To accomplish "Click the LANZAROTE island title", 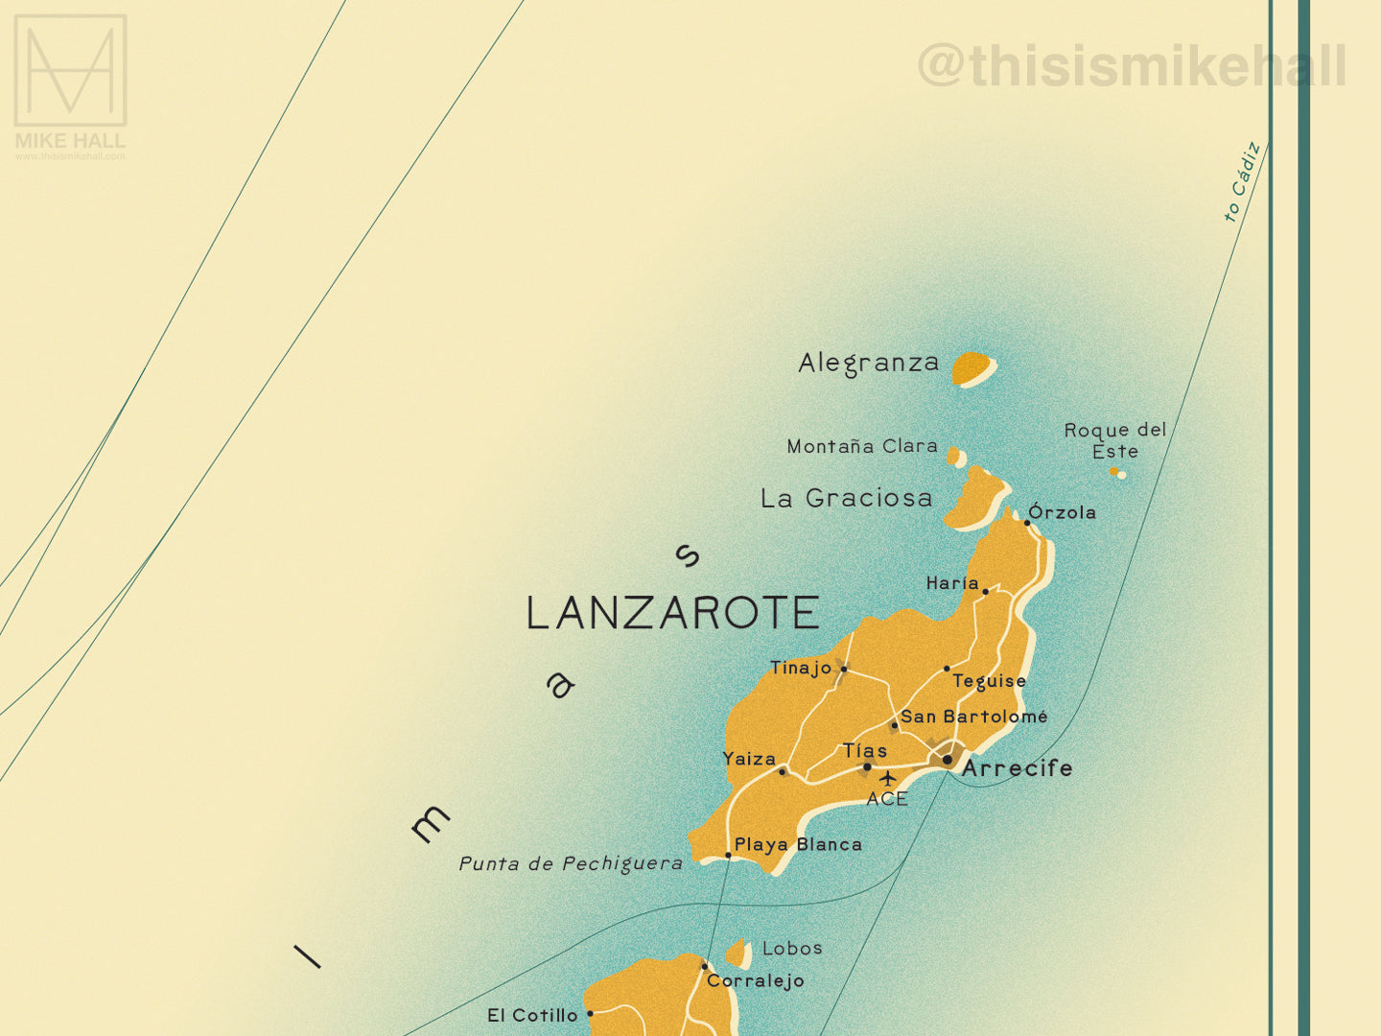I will pyautogui.click(x=672, y=613).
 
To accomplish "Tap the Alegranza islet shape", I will pyautogui.click(x=972, y=367).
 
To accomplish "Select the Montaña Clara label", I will pyautogui.click(x=861, y=446).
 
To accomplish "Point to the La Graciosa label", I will pyautogui.click(x=846, y=498).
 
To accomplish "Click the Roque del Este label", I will pyautogui.click(x=1114, y=440).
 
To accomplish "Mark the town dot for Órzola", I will pyautogui.click(x=1027, y=523).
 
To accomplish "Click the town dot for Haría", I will pyautogui.click(x=986, y=592).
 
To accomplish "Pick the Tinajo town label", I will pyautogui.click(x=800, y=668).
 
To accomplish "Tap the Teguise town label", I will pyautogui.click(x=989, y=681).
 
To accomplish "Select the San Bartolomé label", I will pyautogui.click(x=973, y=717).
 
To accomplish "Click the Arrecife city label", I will pyautogui.click(x=1017, y=768).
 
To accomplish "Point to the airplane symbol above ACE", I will pyautogui.click(x=887, y=778).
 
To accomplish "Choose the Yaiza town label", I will pyautogui.click(x=749, y=759).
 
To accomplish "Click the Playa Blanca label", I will pyautogui.click(x=798, y=845).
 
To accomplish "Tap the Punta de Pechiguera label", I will pyautogui.click(x=571, y=863).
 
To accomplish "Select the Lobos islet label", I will pyautogui.click(x=792, y=949).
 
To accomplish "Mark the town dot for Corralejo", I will pyautogui.click(x=705, y=967).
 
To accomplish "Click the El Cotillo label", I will pyautogui.click(x=532, y=1015).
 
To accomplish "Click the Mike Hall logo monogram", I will pyautogui.click(x=70, y=70).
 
